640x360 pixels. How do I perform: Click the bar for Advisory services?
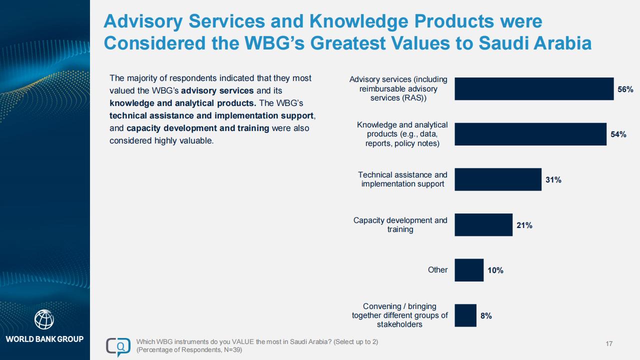point(534,88)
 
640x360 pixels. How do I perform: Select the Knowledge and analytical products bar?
point(530,134)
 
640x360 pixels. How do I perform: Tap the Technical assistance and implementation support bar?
point(498,179)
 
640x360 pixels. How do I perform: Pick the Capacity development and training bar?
point(483,225)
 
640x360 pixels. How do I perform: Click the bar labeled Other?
point(469,270)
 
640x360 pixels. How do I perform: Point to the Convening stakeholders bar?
point(465,315)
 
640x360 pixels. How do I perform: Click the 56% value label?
point(625,89)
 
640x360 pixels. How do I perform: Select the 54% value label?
point(618,134)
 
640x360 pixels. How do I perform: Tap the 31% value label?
point(553,179)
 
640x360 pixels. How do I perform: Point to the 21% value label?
point(524,225)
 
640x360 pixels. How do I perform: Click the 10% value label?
point(495,270)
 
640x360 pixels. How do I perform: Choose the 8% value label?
point(486,315)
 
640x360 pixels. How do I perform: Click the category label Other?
point(437,269)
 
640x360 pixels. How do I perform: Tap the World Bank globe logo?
point(44,319)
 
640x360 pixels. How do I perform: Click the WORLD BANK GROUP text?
point(44,339)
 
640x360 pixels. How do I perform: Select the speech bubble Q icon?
point(118,346)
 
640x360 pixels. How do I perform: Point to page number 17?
point(609,343)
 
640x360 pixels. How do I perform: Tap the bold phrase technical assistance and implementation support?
point(211,115)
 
